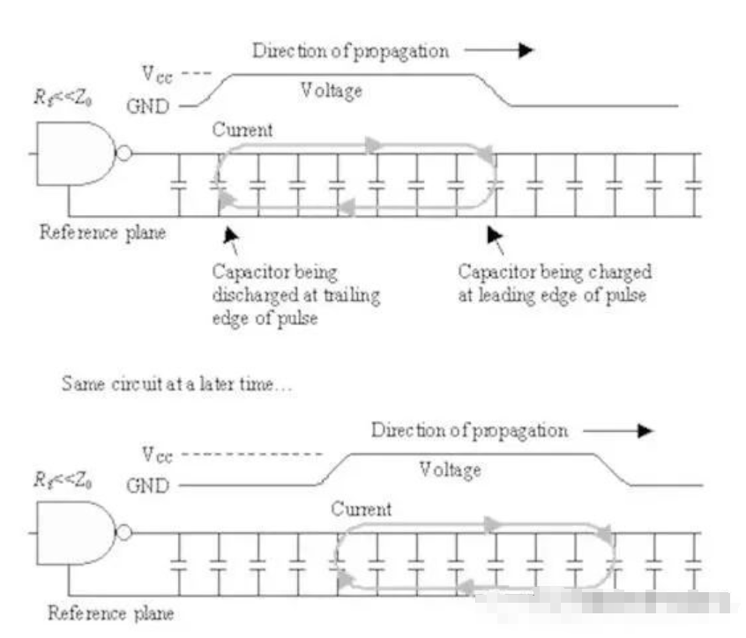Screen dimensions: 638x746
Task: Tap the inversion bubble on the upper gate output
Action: tap(124, 153)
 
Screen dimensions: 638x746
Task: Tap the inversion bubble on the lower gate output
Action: tap(124, 532)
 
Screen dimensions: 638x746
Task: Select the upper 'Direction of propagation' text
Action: tap(351, 50)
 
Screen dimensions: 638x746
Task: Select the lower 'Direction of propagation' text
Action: tap(469, 431)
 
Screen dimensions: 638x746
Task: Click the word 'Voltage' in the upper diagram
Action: tap(331, 90)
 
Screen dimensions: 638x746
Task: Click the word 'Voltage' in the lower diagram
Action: tap(450, 469)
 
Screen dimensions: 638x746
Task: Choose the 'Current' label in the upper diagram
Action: tap(242, 130)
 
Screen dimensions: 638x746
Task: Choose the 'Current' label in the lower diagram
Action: tap(362, 509)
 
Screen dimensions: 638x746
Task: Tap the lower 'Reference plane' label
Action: tap(110, 612)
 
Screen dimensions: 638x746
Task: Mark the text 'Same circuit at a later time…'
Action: tap(172, 385)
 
